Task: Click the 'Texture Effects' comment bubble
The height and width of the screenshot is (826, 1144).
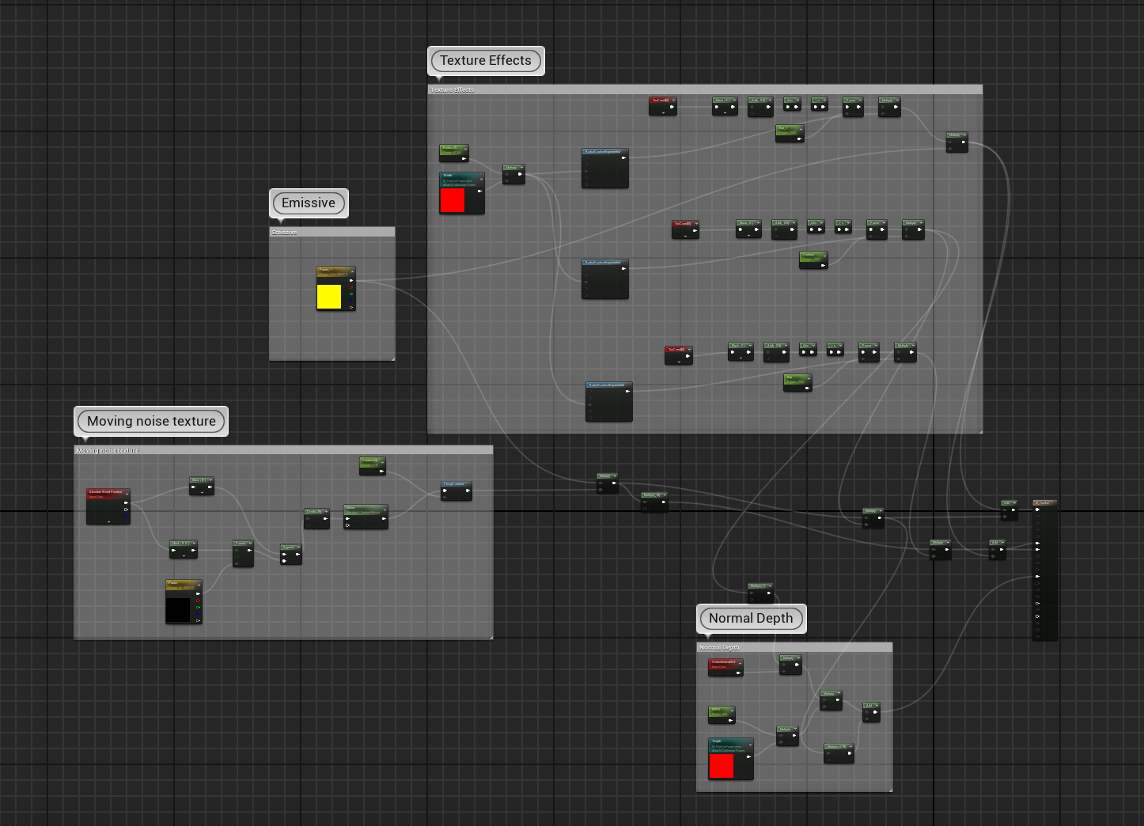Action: (x=486, y=61)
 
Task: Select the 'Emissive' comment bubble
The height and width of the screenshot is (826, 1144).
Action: (x=309, y=203)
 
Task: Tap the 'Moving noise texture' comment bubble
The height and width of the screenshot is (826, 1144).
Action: (x=151, y=422)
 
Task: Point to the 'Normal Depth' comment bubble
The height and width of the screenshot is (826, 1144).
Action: (x=751, y=619)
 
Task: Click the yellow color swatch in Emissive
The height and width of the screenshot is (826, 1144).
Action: (x=329, y=297)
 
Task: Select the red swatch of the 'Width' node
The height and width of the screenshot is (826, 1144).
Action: (x=453, y=200)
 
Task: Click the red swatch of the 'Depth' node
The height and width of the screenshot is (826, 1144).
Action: (x=722, y=766)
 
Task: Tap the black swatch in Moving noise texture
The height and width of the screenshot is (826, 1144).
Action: (x=178, y=609)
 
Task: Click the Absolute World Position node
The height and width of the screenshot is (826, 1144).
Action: (x=108, y=506)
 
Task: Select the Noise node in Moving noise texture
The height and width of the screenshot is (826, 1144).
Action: (x=366, y=516)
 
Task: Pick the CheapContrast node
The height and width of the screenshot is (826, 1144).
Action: (x=456, y=491)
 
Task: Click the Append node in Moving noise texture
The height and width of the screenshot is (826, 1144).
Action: (x=291, y=554)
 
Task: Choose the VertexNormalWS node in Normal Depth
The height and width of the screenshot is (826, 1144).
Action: (x=725, y=667)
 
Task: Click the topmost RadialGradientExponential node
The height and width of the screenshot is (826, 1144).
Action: (x=605, y=168)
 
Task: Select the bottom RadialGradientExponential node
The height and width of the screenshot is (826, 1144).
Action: (x=608, y=401)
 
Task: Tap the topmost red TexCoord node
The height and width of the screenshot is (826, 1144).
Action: (x=662, y=105)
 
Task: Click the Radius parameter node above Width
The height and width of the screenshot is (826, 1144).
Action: (x=454, y=152)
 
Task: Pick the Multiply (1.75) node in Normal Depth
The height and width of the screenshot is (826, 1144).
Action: (x=839, y=752)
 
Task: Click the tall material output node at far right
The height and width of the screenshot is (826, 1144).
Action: (x=1045, y=570)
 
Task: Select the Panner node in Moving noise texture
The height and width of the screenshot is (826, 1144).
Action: (x=243, y=553)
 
